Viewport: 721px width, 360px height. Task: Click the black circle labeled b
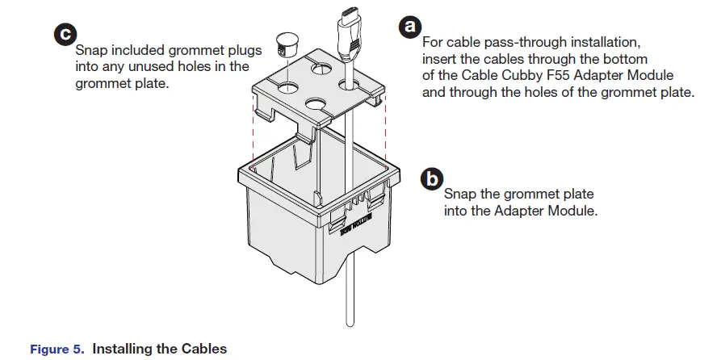coord(433,178)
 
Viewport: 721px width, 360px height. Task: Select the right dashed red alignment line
coord(387,129)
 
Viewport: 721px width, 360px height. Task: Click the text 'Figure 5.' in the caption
coord(56,350)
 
